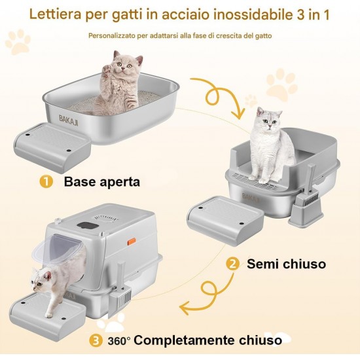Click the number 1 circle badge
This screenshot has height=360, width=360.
point(46,181)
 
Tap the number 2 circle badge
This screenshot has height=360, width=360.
point(233,264)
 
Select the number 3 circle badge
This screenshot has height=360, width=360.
point(96,341)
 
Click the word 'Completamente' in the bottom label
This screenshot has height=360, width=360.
point(185,340)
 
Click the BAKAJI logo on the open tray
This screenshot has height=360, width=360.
point(69,120)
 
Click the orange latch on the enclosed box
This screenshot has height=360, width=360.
point(132,242)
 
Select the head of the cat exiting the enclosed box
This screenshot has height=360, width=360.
point(41,279)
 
